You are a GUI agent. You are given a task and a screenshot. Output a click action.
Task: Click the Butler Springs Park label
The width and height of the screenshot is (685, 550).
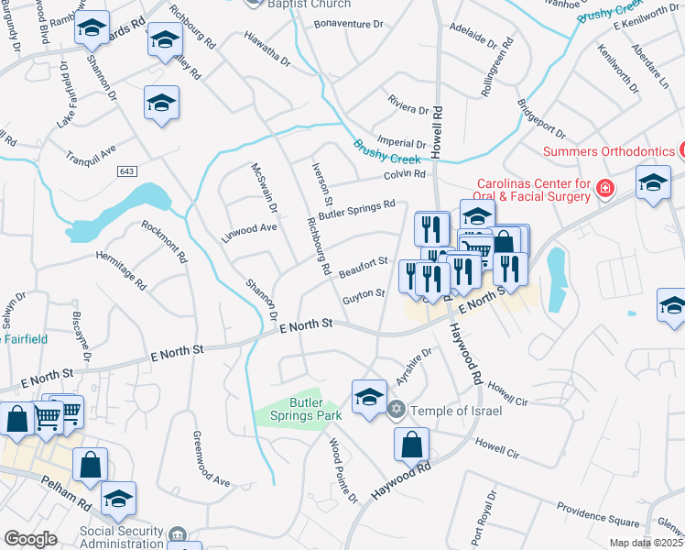[x=316, y=409]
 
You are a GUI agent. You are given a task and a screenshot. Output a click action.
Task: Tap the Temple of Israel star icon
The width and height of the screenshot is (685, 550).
[x=397, y=410]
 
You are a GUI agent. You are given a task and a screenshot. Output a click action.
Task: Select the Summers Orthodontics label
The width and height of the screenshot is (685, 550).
[x=607, y=150]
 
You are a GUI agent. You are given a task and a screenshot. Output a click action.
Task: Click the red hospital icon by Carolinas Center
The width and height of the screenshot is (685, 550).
[x=603, y=189]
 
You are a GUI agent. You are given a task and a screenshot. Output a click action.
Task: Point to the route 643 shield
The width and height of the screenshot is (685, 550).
[x=126, y=171]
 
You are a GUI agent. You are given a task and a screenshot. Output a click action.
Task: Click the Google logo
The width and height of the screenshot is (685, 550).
[x=30, y=539]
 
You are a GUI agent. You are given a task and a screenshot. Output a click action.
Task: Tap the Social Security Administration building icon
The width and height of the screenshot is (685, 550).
[x=179, y=533]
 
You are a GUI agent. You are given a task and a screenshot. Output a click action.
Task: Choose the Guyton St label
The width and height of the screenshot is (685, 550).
[x=364, y=295]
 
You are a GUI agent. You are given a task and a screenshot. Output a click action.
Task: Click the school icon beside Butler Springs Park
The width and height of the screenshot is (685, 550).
[x=369, y=397]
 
